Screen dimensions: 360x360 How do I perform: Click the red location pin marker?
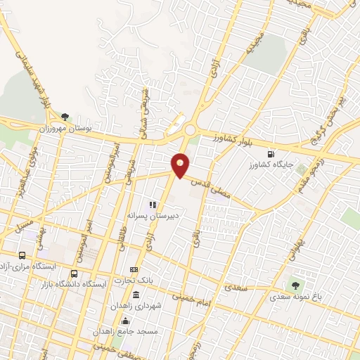coord(181,165)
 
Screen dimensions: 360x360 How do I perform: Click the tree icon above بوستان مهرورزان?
coord(65,117)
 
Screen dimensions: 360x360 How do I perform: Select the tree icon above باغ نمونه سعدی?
coord(295,286)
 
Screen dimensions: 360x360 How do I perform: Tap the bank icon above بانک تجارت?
coord(134,270)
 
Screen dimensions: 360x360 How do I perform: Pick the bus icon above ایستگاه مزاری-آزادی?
coord(23,256)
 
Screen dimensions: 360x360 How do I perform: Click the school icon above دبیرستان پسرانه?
coord(151,205)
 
